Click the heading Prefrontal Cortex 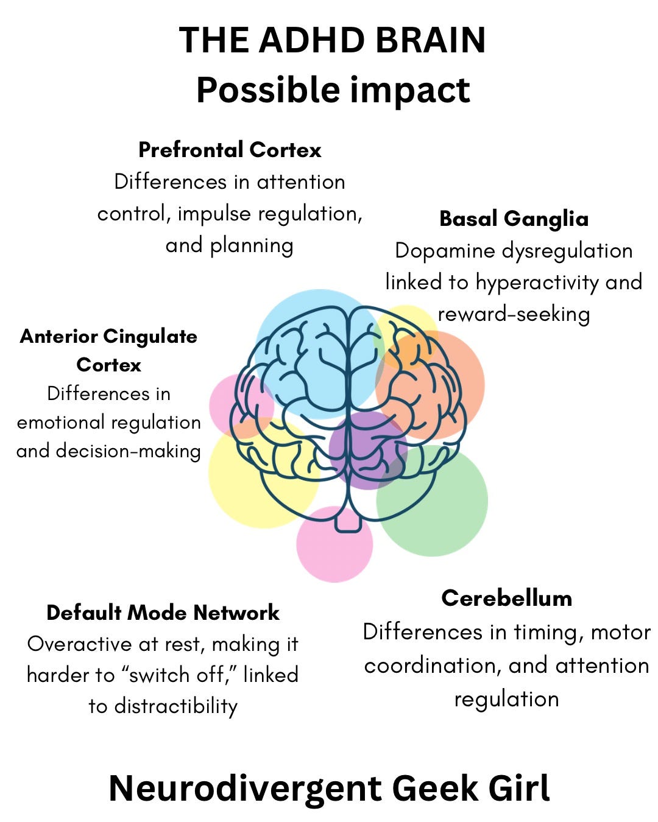(x=230, y=150)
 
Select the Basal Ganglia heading (x=514, y=219)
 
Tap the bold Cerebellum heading (x=506, y=598)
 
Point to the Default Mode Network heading (x=163, y=613)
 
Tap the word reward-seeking (x=514, y=314)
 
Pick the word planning (x=252, y=245)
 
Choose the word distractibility (x=175, y=706)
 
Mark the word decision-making (x=128, y=451)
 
